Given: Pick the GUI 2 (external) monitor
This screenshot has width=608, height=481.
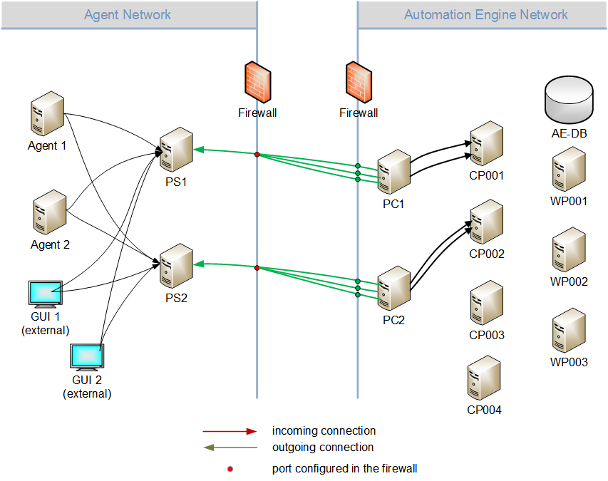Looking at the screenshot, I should coord(87,357).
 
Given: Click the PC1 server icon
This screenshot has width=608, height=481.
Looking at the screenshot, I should coord(393,172).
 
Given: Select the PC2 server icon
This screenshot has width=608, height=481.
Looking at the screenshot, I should coord(393,287).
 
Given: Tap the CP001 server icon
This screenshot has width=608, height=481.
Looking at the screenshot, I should coord(487,143).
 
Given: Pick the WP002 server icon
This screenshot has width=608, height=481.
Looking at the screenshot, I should coord(570,249).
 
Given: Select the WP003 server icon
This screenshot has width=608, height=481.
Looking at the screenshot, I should coord(570,329).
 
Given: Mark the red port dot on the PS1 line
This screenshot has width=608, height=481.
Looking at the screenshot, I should coord(257,154).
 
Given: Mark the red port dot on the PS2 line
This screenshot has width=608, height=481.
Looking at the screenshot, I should coord(257,268).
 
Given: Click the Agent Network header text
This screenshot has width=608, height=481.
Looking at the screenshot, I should coord(128,14).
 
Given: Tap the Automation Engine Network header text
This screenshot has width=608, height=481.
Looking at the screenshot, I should coord(486,14).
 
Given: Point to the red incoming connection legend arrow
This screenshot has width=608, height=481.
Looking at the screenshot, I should coord(230,431).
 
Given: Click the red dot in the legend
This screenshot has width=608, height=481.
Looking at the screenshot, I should coord(230,469).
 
